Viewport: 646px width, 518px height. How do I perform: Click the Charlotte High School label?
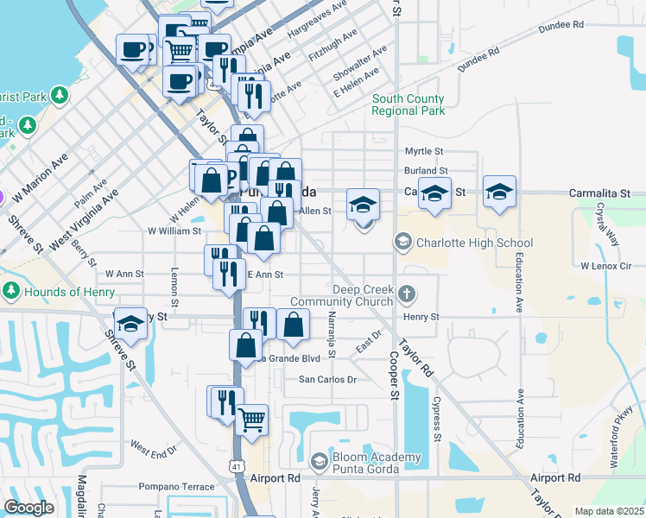click(x=474, y=243)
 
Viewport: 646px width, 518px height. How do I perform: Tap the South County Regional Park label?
click(x=408, y=105)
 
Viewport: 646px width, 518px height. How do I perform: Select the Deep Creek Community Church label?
click(x=342, y=295)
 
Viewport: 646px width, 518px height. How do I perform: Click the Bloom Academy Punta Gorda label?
click(x=366, y=463)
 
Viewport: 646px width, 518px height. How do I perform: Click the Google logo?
click(x=28, y=508)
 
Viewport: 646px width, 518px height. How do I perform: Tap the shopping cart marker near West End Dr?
click(x=251, y=420)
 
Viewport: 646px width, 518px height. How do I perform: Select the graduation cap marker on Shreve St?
click(x=130, y=324)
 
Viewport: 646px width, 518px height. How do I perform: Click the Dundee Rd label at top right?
click(x=560, y=27)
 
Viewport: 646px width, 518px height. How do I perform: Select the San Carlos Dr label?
click(x=327, y=380)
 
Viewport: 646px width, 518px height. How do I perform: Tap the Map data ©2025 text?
click(x=609, y=511)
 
